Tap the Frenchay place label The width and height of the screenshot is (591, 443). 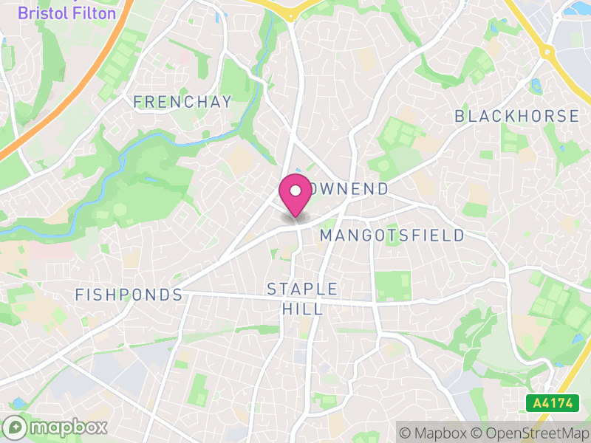tap(182, 102)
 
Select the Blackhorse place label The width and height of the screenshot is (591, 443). tap(516, 116)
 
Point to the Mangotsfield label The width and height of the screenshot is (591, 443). tap(392, 236)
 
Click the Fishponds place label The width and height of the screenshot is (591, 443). tap(129, 295)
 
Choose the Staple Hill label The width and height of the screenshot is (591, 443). tap(302, 298)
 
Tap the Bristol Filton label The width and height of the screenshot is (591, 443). tap(66, 13)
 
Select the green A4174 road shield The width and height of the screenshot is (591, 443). tap(549, 404)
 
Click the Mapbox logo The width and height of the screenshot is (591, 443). tap(56, 427)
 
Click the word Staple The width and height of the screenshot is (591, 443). tap(302, 289)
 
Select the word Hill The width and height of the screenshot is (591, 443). tap(302, 308)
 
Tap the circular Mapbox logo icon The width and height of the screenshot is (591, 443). tap(16, 427)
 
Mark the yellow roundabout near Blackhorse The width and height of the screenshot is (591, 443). tap(547, 52)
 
